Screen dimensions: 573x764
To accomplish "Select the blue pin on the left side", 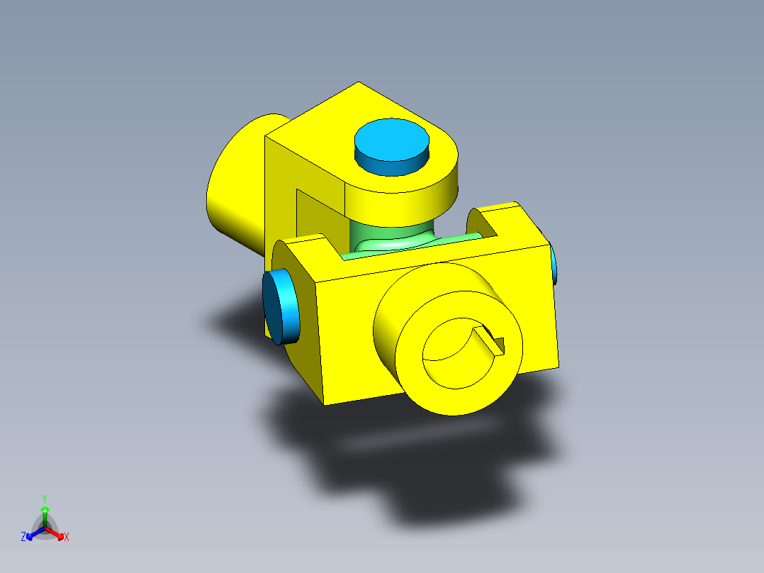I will click(x=280, y=306).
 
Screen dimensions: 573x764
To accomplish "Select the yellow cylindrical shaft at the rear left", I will click(x=237, y=191).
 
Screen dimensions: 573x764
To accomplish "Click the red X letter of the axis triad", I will click(x=67, y=537).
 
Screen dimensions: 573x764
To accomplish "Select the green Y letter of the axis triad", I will click(x=45, y=498).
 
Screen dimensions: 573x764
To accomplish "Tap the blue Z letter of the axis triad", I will click(x=23, y=537).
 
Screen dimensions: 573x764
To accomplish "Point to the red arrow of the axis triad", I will click(x=57, y=534).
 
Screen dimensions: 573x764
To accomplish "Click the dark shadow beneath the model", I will click(x=425, y=461).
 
